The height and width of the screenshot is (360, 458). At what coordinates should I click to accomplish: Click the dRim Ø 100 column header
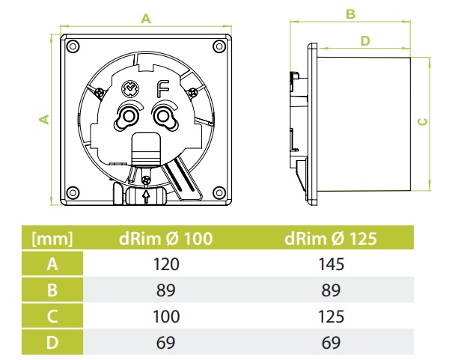pos(165,240)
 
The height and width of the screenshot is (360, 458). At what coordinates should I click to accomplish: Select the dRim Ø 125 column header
pos(330,240)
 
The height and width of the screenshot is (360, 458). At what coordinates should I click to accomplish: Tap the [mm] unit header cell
pos(52,240)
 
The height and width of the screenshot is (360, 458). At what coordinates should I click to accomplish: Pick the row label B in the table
pos(52,290)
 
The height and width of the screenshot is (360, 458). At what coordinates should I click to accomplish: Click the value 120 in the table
pos(165,264)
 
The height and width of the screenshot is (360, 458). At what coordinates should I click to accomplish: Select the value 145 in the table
pos(330,264)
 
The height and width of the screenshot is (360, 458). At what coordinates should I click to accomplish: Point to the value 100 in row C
pos(165,316)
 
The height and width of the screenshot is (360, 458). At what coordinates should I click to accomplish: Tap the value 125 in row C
pos(330,316)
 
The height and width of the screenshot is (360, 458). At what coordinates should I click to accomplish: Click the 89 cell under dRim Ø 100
pos(165,290)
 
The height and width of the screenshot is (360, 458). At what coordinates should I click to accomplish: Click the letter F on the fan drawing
pos(162,90)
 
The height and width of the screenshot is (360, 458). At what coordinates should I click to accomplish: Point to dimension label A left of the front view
pos(44,119)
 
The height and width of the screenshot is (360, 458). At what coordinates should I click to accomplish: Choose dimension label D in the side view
pos(365,40)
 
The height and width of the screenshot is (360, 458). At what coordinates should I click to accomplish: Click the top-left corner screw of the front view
pos(73,46)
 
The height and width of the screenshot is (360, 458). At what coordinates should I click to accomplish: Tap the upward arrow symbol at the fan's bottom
pos(145,196)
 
